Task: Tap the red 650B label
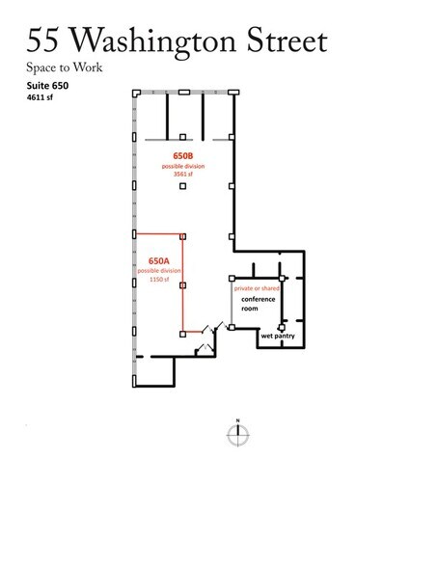point(182,155)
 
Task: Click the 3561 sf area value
point(182,174)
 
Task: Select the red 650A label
point(158,260)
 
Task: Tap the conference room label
point(259,304)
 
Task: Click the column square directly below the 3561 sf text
point(182,187)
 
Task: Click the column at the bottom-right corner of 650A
point(183,334)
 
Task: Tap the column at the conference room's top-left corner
point(232,279)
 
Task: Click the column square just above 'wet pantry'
point(281,328)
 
